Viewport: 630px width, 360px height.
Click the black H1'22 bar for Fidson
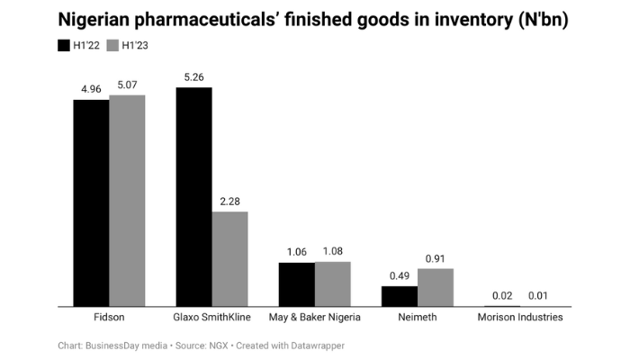pos(91,203)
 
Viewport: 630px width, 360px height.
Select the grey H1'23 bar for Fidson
pos(127,201)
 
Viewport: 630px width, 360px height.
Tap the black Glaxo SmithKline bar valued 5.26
pos(193,197)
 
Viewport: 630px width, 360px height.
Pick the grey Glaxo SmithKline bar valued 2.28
pos(229,259)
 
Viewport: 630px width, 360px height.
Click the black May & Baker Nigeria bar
pos(296,284)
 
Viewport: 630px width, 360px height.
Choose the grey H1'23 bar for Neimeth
pos(436,288)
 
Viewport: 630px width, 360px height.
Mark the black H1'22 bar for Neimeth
pos(400,296)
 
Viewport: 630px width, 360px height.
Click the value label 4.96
pos(91,89)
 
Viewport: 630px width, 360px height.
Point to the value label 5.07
pos(127,85)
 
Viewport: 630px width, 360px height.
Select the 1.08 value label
pos(332,251)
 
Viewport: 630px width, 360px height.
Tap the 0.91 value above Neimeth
pos(436,258)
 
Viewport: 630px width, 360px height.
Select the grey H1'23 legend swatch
pos(112,45)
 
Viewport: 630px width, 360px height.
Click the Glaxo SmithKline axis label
pos(211,318)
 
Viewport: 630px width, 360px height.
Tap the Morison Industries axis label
pos(520,318)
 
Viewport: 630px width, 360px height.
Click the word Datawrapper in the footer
pos(316,345)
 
